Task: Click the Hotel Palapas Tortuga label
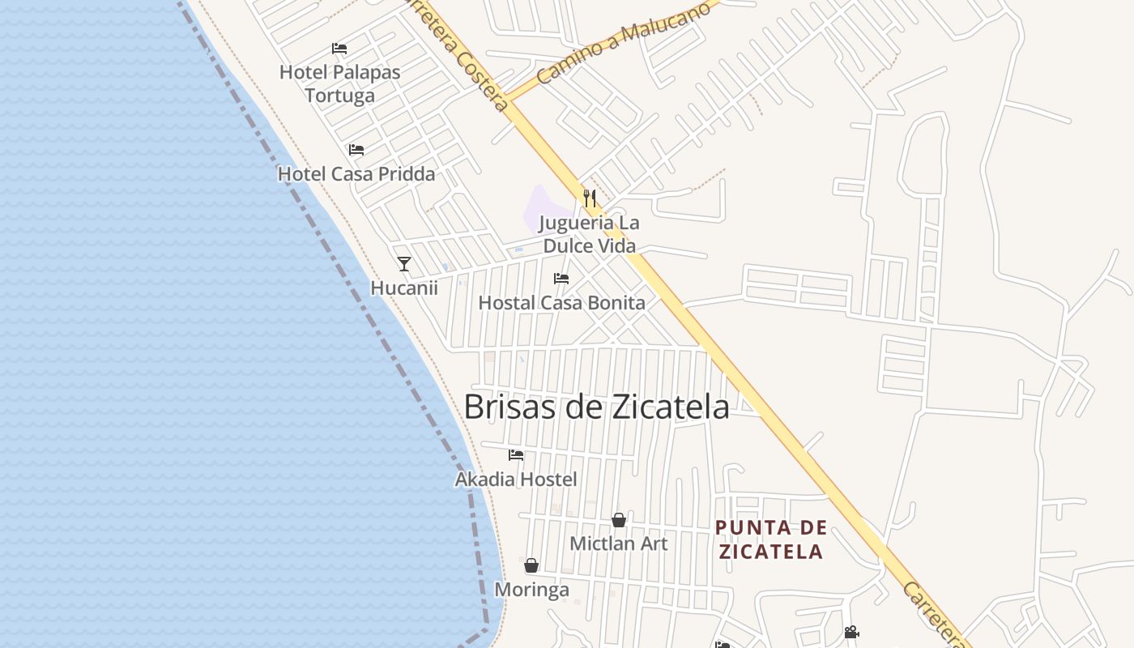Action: (339, 83)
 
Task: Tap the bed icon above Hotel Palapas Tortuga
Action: (339, 49)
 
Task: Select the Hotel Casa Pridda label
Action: (356, 173)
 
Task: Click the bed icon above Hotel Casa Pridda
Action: (356, 150)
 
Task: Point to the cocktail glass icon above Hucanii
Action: (404, 263)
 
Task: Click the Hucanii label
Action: (404, 288)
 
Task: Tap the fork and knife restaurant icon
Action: (590, 198)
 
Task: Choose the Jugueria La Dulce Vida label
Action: (590, 234)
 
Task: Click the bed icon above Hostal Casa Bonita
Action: (561, 279)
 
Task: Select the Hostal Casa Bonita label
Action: (562, 303)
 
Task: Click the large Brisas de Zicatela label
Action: (596, 407)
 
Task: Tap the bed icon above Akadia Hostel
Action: (516, 455)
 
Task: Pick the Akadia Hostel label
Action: (516, 480)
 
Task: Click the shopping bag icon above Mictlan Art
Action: (619, 520)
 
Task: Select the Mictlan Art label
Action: (619, 544)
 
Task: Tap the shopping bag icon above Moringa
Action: (531, 565)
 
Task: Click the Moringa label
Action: (531, 590)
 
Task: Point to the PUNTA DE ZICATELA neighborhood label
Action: (770, 540)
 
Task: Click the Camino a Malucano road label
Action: (624, 44)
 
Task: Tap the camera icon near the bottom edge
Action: (851, 633)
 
